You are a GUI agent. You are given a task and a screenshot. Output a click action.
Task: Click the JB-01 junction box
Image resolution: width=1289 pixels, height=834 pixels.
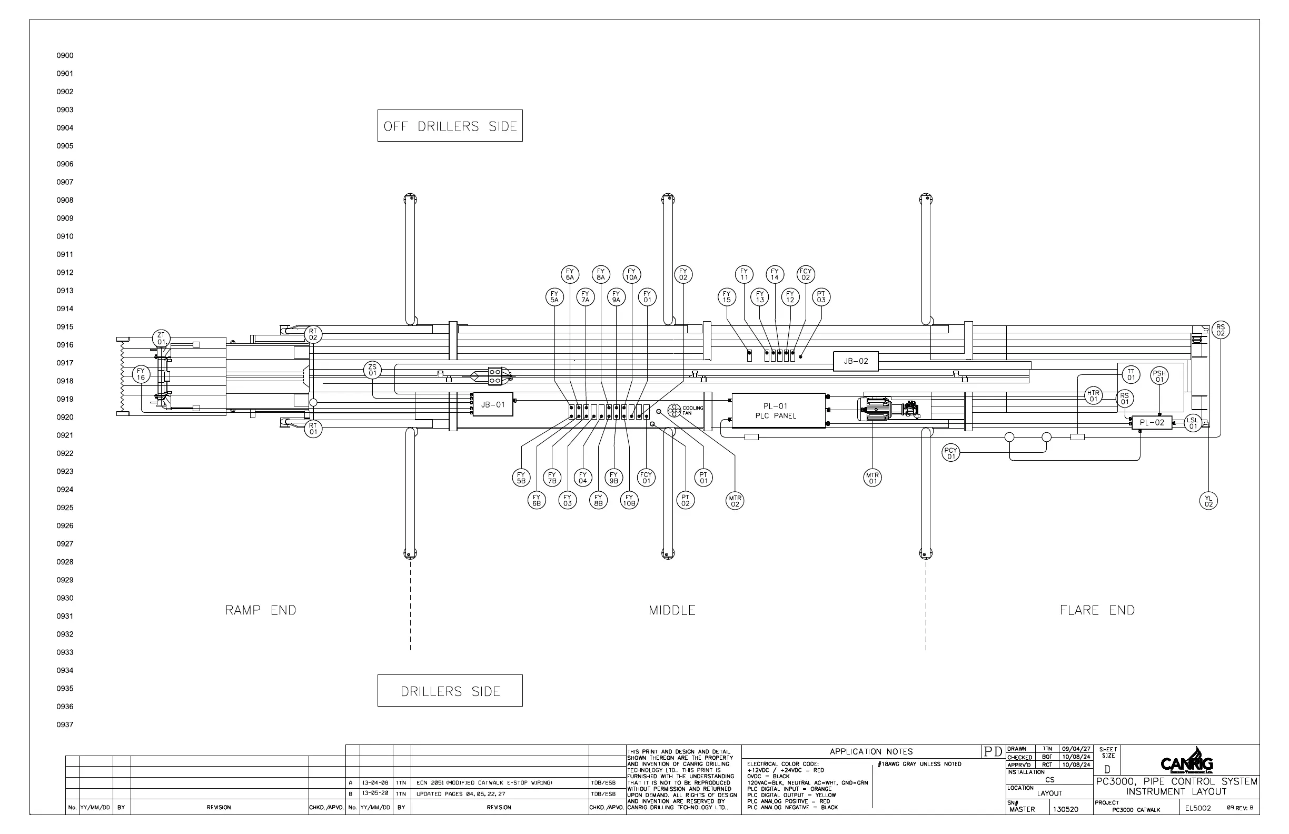[x=492, y=404]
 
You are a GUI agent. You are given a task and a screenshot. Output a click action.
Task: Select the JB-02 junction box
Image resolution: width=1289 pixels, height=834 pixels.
[x=856, y=361]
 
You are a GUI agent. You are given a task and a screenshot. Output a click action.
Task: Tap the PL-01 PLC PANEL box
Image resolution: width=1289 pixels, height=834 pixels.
[x=778, y=411]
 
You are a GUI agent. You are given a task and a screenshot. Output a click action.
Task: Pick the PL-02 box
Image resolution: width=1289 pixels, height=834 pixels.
[x=1152, y=423]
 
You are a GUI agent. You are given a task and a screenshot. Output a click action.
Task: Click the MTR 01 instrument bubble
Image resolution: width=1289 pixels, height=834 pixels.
[x=872, y=478]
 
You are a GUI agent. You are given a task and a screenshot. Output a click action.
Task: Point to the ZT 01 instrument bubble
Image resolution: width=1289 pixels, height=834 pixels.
[x=162, y=339]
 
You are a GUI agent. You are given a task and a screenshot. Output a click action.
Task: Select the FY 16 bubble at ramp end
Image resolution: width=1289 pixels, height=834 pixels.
[x=141, y=374]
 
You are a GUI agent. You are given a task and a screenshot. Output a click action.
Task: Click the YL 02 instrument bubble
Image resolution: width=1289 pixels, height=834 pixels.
[x=1208, y=501]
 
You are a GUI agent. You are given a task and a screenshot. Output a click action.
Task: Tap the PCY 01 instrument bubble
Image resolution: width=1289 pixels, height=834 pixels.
[x=950, y=453]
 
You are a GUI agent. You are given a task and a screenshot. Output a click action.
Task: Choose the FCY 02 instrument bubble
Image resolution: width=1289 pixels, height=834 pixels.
[x=805, y=274]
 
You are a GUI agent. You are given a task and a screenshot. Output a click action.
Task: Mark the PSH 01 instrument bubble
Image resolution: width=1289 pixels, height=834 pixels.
[x=1159, y=376]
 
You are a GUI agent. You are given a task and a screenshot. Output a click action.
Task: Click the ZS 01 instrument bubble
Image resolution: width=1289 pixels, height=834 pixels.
[x=373, y=371]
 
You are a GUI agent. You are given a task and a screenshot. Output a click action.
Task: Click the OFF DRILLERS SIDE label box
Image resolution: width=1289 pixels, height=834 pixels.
[x=450, y=126]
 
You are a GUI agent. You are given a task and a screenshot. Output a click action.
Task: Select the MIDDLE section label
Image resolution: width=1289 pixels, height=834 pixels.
[x=671, y=610]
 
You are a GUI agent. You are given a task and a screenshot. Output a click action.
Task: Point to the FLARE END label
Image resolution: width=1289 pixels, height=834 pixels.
[x=1097, y=610]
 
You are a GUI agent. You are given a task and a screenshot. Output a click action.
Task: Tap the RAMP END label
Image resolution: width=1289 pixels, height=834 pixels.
[x=261, y=610]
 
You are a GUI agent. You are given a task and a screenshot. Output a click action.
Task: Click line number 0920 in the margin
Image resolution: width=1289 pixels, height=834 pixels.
[x=65, y=417]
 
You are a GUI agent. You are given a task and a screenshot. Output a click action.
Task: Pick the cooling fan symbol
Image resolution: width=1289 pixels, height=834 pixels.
[x=675, y=411]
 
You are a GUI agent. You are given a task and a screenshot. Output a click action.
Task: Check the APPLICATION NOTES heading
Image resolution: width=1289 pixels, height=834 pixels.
[x=871, y=752]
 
